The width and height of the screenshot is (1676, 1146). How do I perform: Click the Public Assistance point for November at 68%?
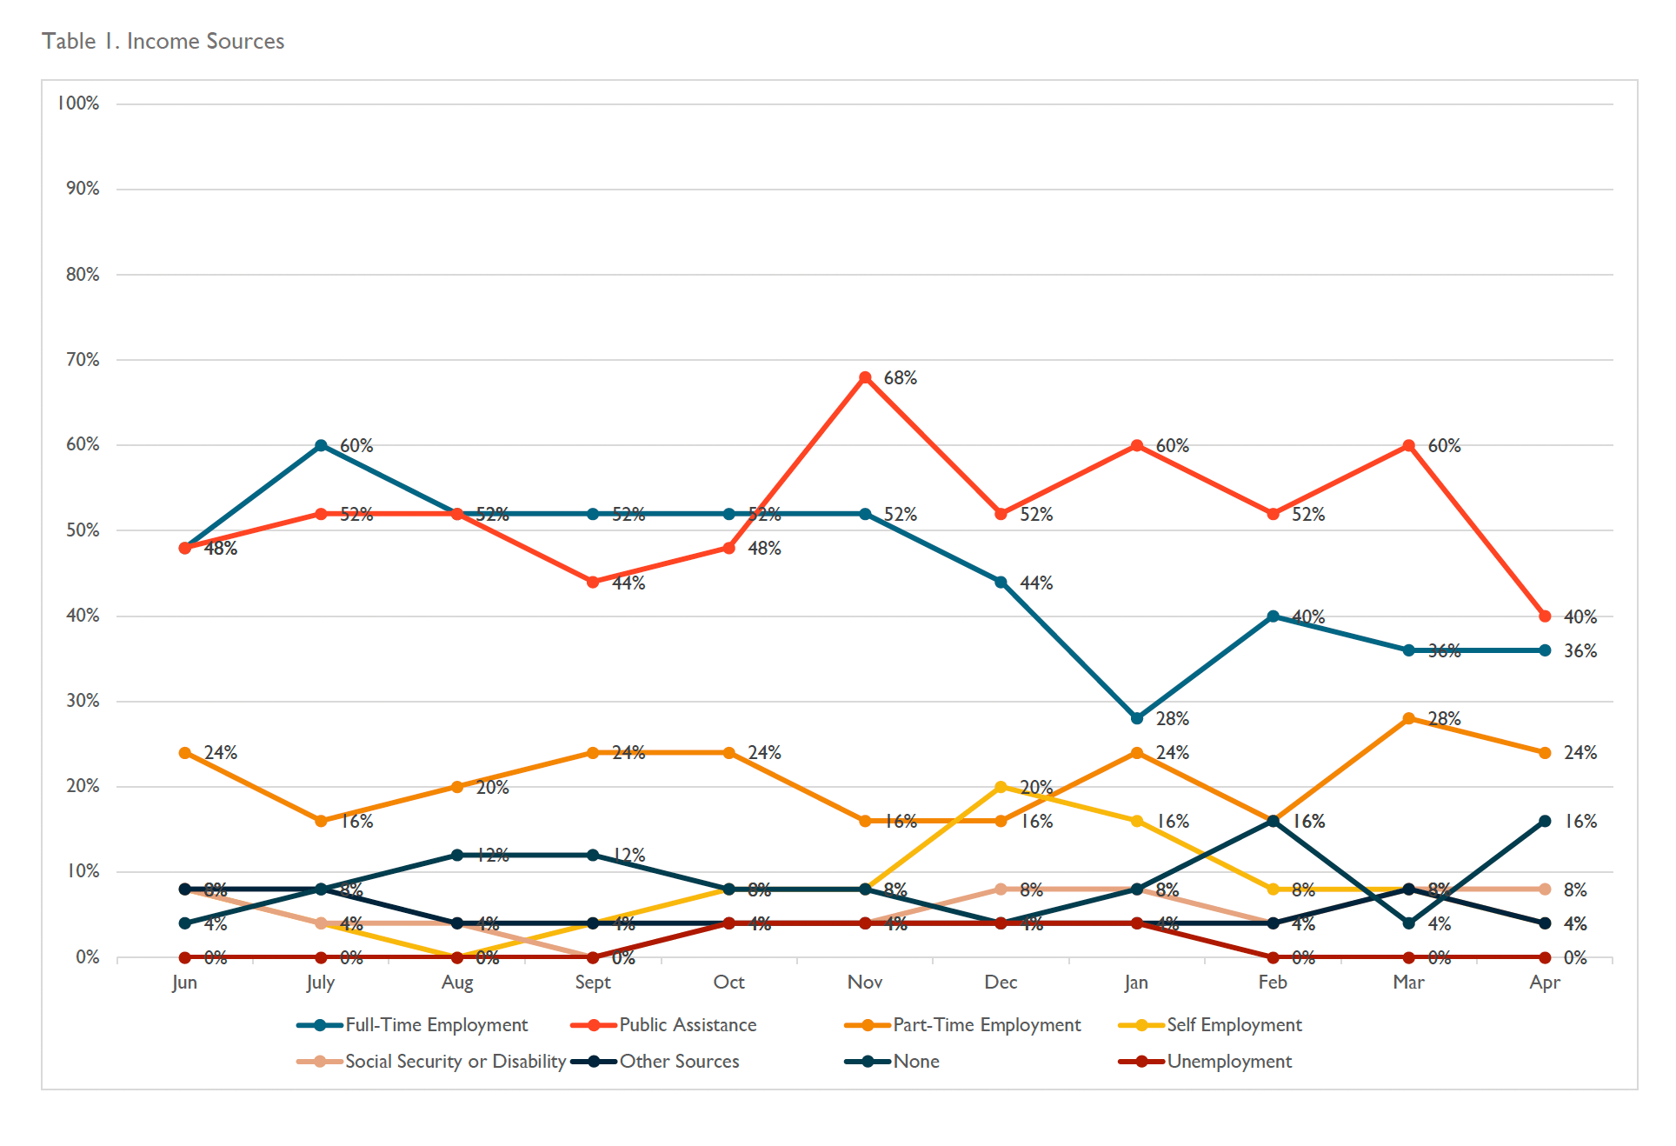point(865,377)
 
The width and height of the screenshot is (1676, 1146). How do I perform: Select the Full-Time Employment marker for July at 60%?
point(321,445)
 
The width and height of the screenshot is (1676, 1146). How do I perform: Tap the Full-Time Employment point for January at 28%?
point(1137,718)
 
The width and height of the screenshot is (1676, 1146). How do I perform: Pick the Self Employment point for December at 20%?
point(1001,787)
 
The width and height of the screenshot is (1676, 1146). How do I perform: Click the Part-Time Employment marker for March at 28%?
point(1409,718)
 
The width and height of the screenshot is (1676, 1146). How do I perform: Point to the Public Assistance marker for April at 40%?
point(1545,616)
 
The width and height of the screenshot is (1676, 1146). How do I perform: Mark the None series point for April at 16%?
point(1545,821)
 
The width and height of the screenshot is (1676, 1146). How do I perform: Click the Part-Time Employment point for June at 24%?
point(185,753)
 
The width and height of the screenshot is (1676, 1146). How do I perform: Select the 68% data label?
point(901,378)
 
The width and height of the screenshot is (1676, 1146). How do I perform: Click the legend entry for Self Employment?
point(1234,1025)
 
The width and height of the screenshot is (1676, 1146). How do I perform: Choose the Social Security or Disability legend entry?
point(455,1062)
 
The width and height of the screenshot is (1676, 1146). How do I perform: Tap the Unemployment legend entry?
point(1228,1062)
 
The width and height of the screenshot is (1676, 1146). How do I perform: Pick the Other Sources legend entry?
point(679,1062)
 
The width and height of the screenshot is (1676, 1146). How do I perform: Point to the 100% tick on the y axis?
point(79,103)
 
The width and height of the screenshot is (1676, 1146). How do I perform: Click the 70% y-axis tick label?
point(83,360)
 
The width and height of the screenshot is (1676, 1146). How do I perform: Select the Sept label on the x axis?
point(593,983)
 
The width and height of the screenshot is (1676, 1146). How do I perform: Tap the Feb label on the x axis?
point(1273,983)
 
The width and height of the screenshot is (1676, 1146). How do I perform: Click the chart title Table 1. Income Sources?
point(163,41)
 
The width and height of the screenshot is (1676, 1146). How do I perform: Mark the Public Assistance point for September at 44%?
point(593,583)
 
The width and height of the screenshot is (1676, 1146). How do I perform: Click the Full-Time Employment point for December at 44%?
point(1001,583)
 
